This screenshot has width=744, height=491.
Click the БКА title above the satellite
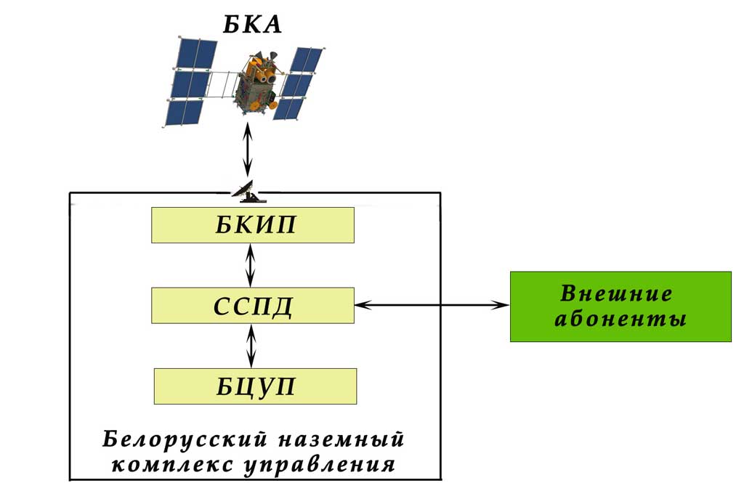(252, 25)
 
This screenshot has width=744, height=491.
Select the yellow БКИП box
(253, 225)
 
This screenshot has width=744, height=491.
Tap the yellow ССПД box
(253, 306)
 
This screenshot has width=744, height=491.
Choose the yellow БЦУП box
(255, 386)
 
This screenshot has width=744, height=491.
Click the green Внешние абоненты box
(620, 307)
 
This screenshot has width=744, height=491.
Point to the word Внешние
(616, 293)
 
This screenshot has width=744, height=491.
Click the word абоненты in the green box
(620, 319)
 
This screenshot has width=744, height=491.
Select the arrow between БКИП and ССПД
(251, 265)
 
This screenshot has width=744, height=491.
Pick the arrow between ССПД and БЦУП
(251, 346)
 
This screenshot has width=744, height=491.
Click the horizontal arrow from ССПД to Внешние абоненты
(432, 305)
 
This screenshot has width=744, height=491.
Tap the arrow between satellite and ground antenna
(247, 150)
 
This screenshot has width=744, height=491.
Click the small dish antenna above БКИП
(247, 192)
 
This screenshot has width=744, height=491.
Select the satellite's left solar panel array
(190, 81)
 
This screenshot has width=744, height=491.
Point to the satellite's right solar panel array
(298, 83)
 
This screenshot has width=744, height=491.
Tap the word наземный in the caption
(341, 439)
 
